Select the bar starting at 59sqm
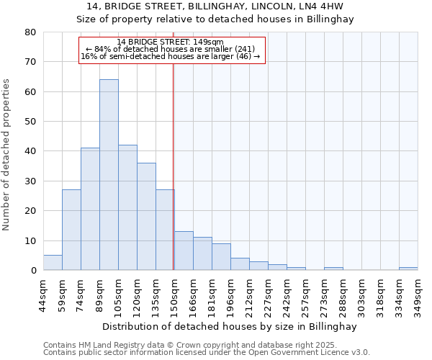click(x=71, y=230)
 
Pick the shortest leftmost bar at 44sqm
click(x=53, y=263)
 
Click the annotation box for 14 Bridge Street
click(x=172, y=50)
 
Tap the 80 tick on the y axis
click(x=31, y=32)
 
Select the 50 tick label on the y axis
click(x=31, y=122)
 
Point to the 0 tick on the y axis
click(x=33, y=271)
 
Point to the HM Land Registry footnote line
click(x=206, y=345)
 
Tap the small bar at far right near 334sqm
click(x=408, y=269)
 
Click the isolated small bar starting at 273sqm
click(x=333, y=269)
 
